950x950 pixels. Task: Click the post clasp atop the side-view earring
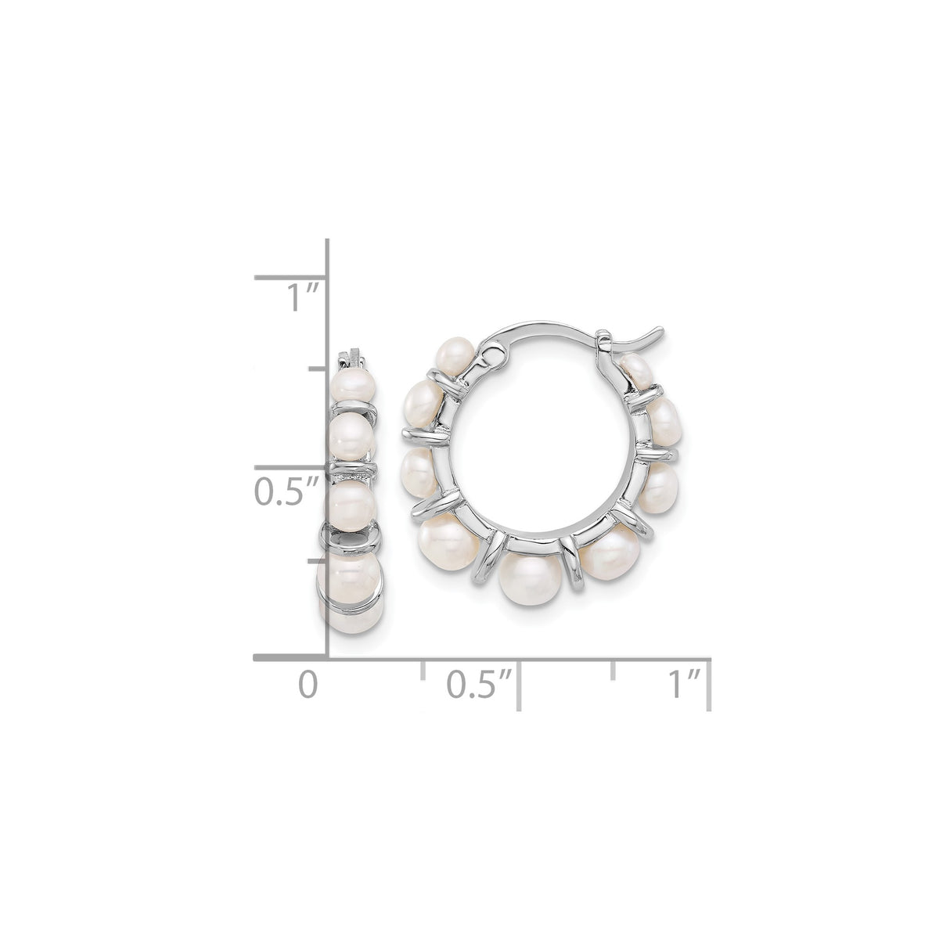pos(351,361)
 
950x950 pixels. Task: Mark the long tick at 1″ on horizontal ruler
pos(709,684)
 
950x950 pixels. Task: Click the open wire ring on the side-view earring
pos(351,539)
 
